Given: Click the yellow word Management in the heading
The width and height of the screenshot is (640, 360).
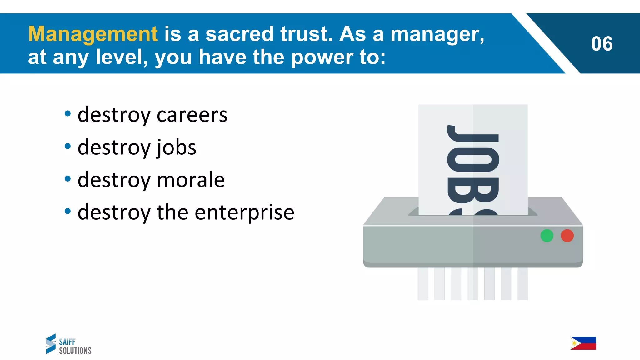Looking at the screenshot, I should point(93,34).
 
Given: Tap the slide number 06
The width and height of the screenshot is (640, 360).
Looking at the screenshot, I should point(602,44).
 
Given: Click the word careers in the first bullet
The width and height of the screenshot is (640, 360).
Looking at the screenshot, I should point(192,115).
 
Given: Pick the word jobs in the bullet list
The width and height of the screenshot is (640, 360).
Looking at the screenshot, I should point(176,147).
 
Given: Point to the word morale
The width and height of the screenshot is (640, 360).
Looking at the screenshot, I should point(191,180).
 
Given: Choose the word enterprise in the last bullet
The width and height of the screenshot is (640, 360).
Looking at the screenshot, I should point(244,212).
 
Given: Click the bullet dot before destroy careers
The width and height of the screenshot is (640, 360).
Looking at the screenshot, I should point(67,114).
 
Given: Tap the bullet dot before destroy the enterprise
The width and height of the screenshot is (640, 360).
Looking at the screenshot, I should point(67,211).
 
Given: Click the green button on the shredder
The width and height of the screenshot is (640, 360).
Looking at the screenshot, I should point(547,236).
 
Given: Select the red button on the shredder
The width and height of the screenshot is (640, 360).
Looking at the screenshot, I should point(567,236).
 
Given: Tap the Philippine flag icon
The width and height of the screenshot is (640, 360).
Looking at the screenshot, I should point(583,343).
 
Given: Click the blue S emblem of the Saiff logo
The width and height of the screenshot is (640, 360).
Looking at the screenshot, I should point(51,344).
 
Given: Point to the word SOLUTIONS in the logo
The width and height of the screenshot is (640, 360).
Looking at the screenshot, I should point(75,351).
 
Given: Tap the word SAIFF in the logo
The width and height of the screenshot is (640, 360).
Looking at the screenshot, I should point(67,342).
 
